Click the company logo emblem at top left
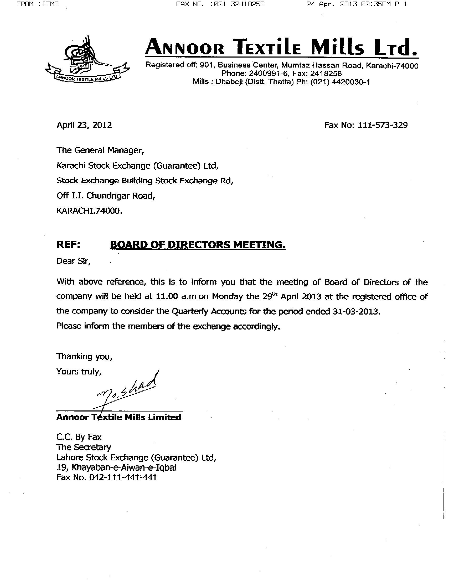[87, 60]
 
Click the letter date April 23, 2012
[84, 125]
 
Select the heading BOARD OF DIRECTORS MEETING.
[198, 244]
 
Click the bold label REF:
[68, 244]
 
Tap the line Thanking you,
[84, 356]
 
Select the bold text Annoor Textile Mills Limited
[118, 417]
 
